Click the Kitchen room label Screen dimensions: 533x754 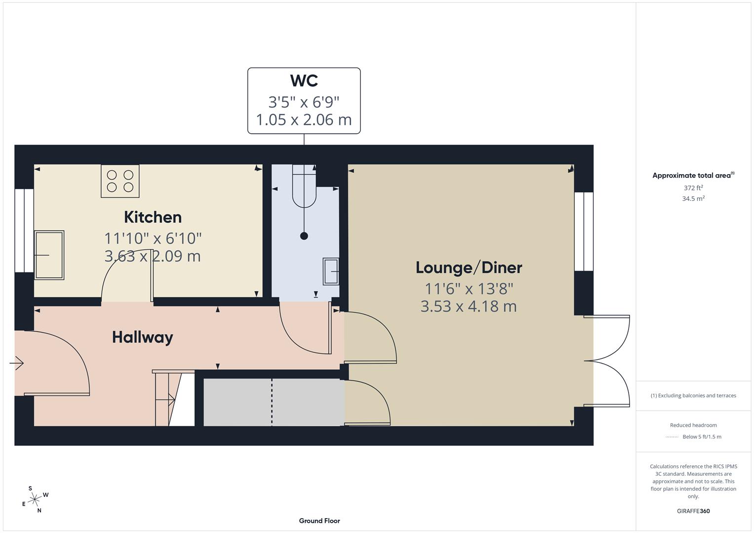pos(153,217)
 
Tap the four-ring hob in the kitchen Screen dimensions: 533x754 pos(120,181)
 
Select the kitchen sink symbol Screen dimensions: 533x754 pos(49,255)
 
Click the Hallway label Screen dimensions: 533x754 pos(142,338)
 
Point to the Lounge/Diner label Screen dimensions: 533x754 pos(469,267)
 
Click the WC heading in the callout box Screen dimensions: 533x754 pos(304,80)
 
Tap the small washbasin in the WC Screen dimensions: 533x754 pos(331,271)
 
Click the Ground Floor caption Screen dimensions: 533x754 pos(319,521)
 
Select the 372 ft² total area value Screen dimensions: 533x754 pos(693,188)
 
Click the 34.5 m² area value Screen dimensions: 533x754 pos(693,199)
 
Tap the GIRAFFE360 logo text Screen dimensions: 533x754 pos(693,511)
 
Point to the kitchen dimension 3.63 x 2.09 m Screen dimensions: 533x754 pos(153,256)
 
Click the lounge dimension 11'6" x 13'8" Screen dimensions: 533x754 pos(469,288)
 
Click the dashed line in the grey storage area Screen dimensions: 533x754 pos(272,402)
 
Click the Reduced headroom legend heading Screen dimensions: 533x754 pos(693,425)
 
